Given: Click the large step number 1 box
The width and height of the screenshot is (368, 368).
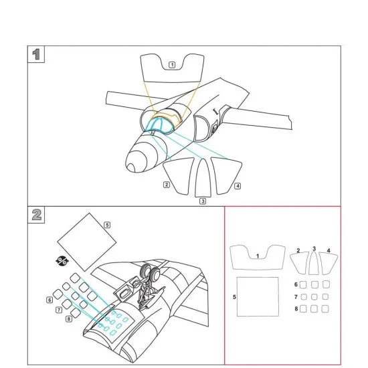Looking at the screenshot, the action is tap(36, 54).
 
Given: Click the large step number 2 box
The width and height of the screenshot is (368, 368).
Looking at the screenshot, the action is tap(36, 215).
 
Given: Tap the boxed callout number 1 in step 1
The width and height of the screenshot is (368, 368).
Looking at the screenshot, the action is tap(172, 65).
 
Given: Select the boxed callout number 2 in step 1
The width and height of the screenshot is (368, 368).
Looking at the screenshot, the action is tap(167, 185).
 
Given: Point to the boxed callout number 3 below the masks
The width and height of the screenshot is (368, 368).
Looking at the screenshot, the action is tap(203, 201).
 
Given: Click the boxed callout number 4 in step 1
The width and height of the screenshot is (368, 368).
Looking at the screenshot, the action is tap(238, 186).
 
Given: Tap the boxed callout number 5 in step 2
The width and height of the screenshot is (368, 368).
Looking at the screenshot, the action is tap(107, 225).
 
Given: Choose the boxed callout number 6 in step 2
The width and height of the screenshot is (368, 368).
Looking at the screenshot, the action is tap(50, 300).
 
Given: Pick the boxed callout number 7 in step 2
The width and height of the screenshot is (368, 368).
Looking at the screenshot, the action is tap(59, 310).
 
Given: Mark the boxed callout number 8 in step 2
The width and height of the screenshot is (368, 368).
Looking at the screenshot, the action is tap(69, 318).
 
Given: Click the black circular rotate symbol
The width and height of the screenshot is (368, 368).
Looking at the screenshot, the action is tap(62, 261).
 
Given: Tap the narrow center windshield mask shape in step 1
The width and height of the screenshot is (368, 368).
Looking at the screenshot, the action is tap(203, 178).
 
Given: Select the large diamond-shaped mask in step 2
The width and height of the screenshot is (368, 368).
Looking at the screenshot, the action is tap(87, 242).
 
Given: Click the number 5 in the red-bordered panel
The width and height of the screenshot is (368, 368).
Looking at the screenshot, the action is tap(234, 297).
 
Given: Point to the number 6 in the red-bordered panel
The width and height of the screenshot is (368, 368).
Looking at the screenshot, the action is tap(296, 284).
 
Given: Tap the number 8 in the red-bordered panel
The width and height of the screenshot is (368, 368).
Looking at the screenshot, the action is tap(296, 308).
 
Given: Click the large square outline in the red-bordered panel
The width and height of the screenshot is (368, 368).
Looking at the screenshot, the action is tap(258, 296).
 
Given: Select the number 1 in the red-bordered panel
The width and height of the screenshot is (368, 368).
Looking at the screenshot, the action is tap(258, 256).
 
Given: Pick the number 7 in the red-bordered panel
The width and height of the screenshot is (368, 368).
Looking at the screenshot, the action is tap(296, 297).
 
